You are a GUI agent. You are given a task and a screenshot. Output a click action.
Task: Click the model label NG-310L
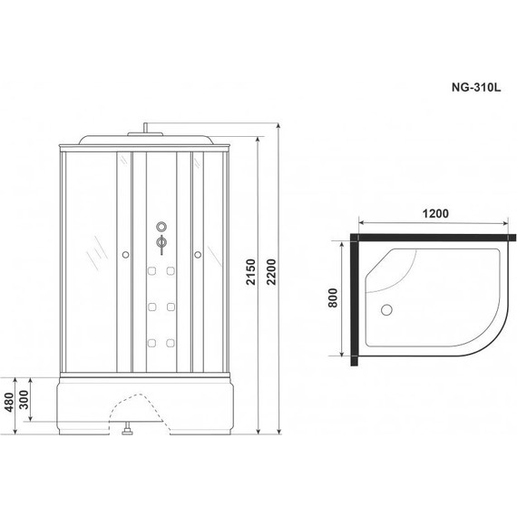[x=476, y=87]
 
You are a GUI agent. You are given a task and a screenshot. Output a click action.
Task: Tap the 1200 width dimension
[x=435, y=214]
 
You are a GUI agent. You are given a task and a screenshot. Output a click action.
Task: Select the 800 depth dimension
[x=333, y=298]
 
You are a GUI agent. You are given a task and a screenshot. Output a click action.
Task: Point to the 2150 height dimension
[x=251, y=272]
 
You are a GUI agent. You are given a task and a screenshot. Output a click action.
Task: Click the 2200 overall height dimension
[x=271, y=272]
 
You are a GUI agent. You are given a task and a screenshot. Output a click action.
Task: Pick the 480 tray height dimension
[x=9, y=402]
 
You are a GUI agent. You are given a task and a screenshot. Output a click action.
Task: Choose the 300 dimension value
[x=24, y=399]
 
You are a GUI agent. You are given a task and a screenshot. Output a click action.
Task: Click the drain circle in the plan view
[x=386, y=310]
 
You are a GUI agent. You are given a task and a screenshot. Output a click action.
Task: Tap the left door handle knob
[x=125, y=255]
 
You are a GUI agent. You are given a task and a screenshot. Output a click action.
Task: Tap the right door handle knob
[x=198, y=255]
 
